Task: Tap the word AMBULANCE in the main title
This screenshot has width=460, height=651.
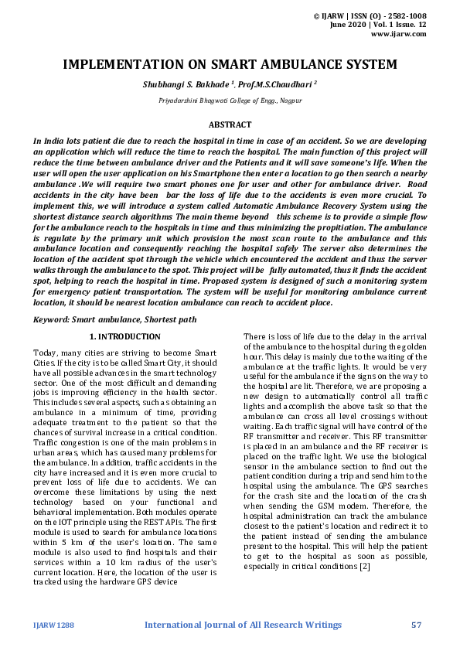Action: coord(297,64)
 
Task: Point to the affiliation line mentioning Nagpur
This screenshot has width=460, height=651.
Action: coord(230,101)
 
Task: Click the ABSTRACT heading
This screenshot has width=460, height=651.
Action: coord(230,124)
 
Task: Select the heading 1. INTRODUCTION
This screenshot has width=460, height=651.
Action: coord(125,336)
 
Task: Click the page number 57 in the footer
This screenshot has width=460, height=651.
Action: coord(417,624)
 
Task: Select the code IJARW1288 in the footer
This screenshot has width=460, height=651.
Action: coord(53,624)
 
